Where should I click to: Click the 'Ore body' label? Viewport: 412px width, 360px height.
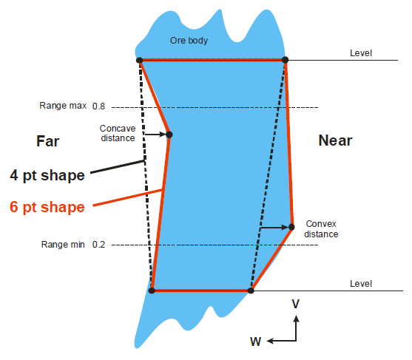pyautogui.click(x=189, y=41)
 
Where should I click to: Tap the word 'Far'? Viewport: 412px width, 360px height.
pyautogui.click(x=47, y=141)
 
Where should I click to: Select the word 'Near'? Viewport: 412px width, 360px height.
pyautogui.click(x=335, y=140)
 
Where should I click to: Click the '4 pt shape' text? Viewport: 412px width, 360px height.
pyautogui.click(x=47, y=175)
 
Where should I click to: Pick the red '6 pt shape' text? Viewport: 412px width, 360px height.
pyautogui.click(x=47, y=207)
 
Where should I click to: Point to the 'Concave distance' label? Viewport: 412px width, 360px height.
pyautogui.click(x=118, y=133)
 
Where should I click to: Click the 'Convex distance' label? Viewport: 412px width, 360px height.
pyautogui.click(x=321, y=229)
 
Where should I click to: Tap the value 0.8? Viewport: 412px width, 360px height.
pyautogui.click(x=98, y=106)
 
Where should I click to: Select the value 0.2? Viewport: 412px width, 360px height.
pyautogui.click(x=98, y=245)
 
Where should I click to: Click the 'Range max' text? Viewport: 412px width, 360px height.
pyautogui.click(x=63, y=106)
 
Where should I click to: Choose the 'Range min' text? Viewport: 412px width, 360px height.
pyautogui.click(x=63, y=245)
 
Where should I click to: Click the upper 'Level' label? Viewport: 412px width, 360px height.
pyautogui.click(x=361, y=53)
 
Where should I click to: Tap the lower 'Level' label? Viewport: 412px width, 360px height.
pyautogui.click(x=361, y=284)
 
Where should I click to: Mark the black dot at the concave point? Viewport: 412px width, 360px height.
pyautogui.click(x=169, y=135)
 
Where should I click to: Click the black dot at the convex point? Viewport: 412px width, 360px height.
pyautogui.click(x=291, y=227)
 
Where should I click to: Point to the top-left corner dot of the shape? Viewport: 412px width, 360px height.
pyautogui.click(x=140, y=61)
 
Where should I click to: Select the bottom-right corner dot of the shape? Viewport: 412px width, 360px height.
pyautogui.click(x=251, y=291)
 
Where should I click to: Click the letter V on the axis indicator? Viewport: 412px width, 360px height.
pyautogui.click(x=296, y=304)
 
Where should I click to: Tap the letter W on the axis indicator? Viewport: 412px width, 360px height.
pyautogui.click(x=255, y=342)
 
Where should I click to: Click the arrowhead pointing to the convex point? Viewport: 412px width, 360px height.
pyautogui.click(x=285, y=227)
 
